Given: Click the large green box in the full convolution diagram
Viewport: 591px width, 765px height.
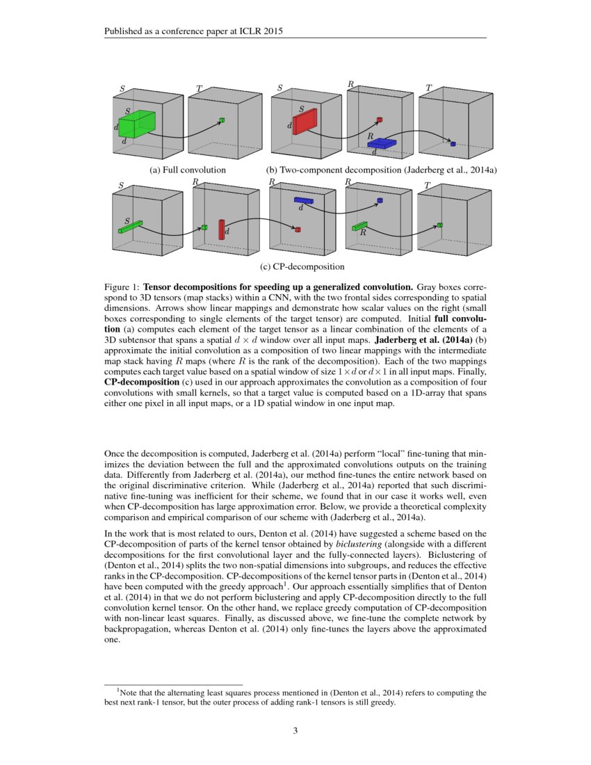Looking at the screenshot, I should coord(136,124).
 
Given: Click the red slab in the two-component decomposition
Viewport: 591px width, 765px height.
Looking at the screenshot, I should coord(305,121).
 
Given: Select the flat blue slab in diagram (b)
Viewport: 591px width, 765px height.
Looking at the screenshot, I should coord(382,143).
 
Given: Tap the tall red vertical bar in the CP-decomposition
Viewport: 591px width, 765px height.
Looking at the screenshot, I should coord(222,229).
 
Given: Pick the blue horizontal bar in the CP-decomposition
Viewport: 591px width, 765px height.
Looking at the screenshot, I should coord(304,200).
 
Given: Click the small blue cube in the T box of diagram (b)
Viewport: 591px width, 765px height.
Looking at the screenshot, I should coord(453,144).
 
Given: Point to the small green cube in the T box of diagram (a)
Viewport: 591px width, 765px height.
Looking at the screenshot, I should coord(222,120).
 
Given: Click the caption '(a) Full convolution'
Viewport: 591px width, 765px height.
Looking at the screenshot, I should coord(188,169).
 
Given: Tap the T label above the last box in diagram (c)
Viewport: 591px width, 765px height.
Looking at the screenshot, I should coord(427,185).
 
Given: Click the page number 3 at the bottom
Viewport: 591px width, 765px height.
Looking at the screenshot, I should coord(295,730).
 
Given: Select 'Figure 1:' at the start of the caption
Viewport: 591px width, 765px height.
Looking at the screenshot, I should coord(122,286).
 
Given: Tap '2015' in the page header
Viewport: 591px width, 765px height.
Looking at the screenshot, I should coord(271,31).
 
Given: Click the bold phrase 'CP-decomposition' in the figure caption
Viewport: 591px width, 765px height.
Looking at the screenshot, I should coord(140,382).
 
